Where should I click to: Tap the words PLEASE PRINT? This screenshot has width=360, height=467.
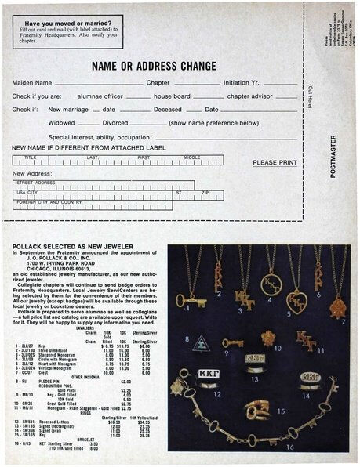[275, 163]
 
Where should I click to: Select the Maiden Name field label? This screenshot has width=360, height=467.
[32, 82]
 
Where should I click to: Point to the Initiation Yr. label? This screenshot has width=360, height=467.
[247, 82]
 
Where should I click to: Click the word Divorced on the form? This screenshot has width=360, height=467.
[115, 123]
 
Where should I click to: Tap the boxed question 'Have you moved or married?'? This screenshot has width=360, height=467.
[62, 24]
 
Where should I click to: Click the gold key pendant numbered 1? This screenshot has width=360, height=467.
[190, 299]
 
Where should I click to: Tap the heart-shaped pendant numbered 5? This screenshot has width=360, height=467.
[296, 300]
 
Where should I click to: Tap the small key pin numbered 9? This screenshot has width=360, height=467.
[232, 342]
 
